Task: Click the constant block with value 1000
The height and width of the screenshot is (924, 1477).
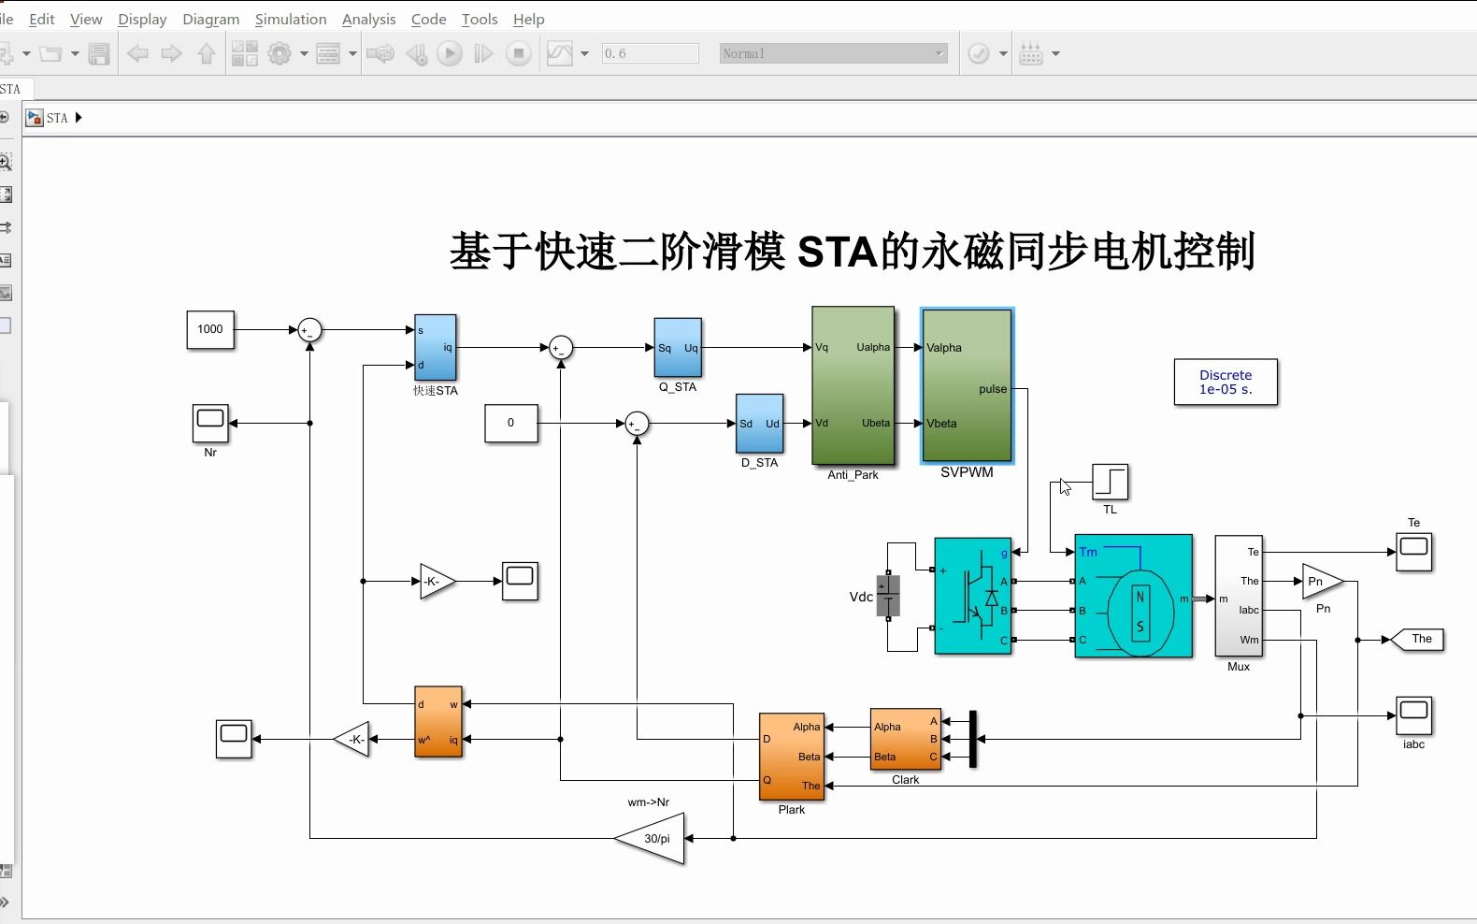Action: [210, 329]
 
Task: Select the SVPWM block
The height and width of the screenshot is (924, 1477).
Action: [967, 385]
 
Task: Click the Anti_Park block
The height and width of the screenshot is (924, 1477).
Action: [853, 385]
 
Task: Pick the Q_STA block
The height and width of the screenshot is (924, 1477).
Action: [678, 348]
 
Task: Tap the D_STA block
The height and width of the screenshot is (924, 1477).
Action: [759, 424]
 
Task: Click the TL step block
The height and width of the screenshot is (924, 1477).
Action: [1110, 483]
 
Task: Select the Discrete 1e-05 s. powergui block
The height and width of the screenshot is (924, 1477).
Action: [1226, 382]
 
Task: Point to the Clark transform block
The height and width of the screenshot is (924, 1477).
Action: [905, 739]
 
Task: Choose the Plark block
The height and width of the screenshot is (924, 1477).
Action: [792, 756]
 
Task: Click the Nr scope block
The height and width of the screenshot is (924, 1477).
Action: [210, 423]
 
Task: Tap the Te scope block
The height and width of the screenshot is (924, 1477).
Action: [1413, 552]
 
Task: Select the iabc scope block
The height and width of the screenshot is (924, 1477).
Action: [1413, 715]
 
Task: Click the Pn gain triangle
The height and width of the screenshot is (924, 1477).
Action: [1320, 582]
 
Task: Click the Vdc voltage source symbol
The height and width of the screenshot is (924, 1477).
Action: [888, 597]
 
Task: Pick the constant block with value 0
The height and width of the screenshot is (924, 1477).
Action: [510, 423]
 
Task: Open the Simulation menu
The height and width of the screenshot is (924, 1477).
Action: [291, 19]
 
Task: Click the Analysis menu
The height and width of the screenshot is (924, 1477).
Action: [368, 19]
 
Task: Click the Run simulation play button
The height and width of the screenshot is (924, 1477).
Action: [450, 54]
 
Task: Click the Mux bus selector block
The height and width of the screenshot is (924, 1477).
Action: [1238, 596]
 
